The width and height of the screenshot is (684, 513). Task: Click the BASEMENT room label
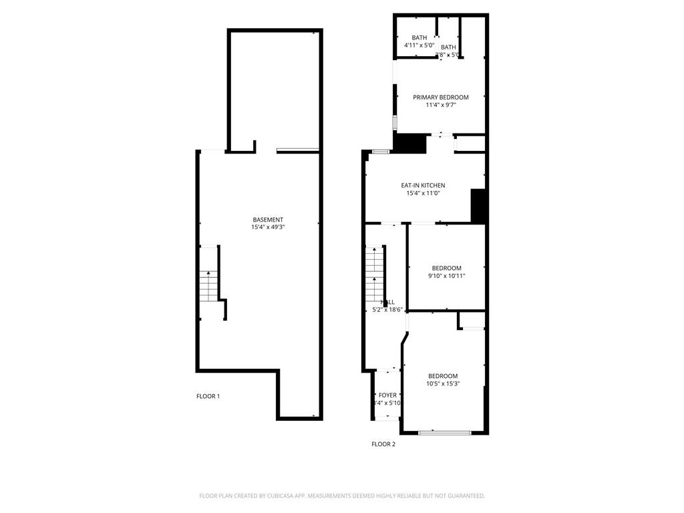click(x=268, y=220)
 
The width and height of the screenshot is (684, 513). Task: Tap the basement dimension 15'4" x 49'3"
click(x=268, y=227)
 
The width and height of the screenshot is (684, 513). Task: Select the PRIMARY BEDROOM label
click(x=440, y=97)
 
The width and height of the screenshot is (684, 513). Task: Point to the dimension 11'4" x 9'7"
click(x=440, y=105)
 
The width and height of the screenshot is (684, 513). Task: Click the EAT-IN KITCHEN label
click(x=423, y=185)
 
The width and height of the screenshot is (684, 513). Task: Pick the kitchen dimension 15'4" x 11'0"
click(x=423, y=193)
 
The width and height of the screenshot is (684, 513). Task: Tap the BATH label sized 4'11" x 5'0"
click(x=419, y=37)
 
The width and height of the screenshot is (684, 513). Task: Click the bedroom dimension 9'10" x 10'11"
click(x=446, y=276)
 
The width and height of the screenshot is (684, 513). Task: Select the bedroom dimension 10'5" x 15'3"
click(x=443, y=383)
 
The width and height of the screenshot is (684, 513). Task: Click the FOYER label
click(x=387, y=395)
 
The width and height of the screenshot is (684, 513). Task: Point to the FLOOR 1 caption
click(x=208, y=396)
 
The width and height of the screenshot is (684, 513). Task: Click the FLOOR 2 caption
click(x=383, y=444)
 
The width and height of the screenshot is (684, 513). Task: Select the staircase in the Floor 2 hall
click(x=375, y=274)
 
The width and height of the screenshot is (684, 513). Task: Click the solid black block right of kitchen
click(x=478, y=206)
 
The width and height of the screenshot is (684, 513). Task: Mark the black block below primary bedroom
click(x=409, y=143)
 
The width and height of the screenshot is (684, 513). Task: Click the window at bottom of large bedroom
click(x=444, y=433)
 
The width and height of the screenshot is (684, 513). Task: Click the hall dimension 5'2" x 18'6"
click(x=387, y=309)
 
